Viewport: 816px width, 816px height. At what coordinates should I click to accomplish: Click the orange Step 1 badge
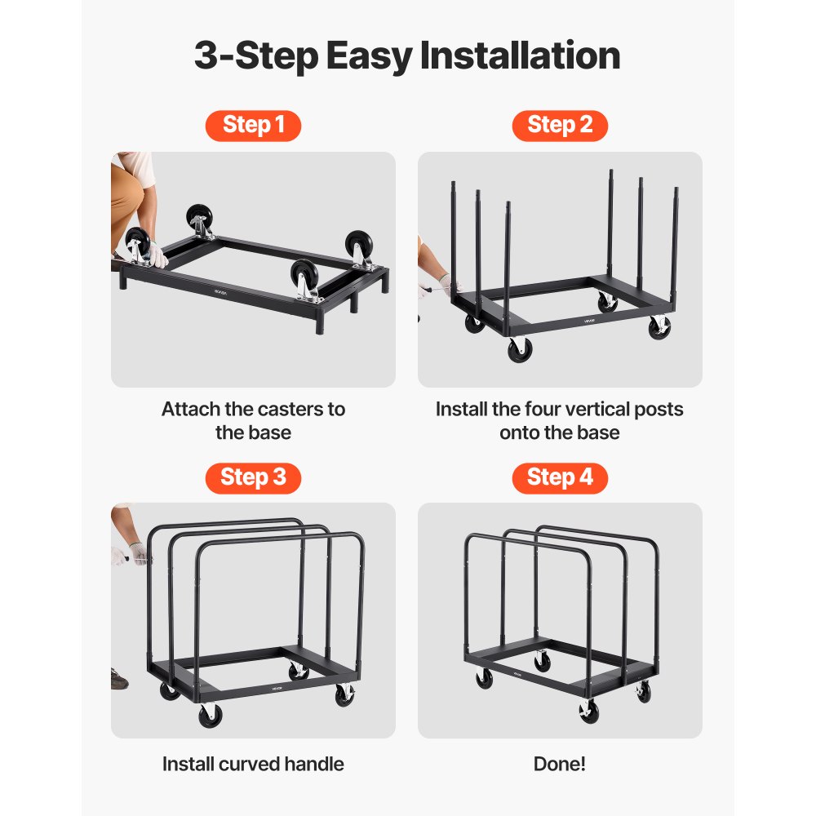[x=253, y=125]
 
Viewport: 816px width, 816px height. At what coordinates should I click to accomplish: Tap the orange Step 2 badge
[x=560, y=125]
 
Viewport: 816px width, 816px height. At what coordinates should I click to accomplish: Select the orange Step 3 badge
[x=253, y=477]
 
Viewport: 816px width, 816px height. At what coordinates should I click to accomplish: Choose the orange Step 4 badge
[x=560, y=477]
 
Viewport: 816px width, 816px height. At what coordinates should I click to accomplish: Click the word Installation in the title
[x=520, y=55]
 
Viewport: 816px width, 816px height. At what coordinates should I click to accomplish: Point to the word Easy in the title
[x=368, y=55]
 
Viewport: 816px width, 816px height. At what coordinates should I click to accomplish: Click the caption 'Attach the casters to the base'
[x=253, y=420]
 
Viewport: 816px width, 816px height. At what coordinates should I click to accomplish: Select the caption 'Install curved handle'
[x=253, y=764]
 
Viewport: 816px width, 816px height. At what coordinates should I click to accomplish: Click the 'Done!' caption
[x=560, y=764]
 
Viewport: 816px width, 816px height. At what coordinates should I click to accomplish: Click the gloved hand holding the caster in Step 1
[x=155, y=257]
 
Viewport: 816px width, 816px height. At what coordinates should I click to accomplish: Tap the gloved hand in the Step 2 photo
[x=447, y=285]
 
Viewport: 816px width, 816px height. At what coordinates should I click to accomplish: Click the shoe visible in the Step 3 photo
[x=120, y=677]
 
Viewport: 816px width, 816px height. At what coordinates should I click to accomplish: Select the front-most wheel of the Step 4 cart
[x=588, y=712]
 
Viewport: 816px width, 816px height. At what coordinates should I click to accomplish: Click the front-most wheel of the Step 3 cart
[x=211, y=716]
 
